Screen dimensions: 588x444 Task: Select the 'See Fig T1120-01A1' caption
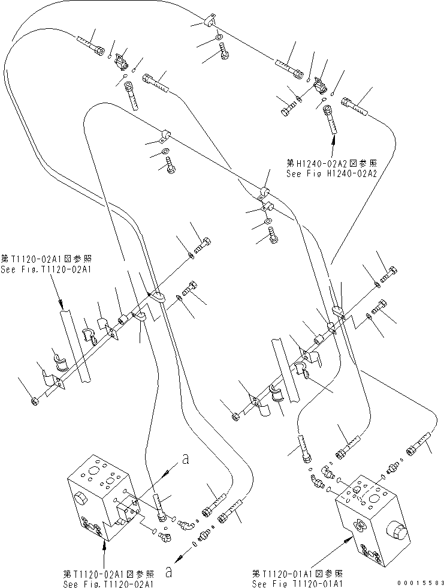[297, 583]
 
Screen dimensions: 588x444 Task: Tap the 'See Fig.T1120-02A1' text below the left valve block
[109, 583]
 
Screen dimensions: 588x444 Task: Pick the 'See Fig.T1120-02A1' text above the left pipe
[46, 269]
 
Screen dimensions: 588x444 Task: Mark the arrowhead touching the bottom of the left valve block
[106, 544]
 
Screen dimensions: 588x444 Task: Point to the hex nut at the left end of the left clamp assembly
[34, 401]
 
